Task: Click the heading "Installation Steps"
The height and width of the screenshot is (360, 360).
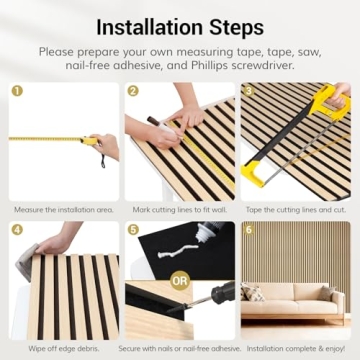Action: (x=180, y=24)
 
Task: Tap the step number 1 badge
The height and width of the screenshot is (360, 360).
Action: (x=17, y=90)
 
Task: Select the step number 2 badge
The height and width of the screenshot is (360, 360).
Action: (x=133, y=90)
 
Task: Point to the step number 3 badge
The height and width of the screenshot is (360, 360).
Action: (x=249, y=90)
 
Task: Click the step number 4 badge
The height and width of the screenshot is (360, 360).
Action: (x=17, y=230)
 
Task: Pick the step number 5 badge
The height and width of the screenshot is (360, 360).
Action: (x=133, y=230)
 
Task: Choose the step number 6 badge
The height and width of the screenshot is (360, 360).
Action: (x=249, y=230)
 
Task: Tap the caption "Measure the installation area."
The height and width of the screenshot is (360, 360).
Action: (x=63, y=210)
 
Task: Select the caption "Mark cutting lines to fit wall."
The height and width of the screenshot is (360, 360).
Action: (x=179, y=210)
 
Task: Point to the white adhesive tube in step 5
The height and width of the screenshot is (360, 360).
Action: (x=200, y=245)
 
